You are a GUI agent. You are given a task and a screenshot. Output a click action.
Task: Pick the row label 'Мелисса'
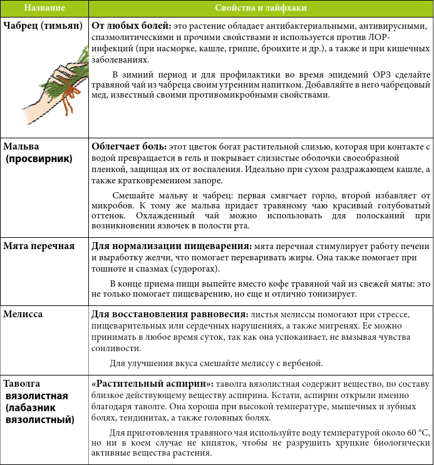coord(23,314)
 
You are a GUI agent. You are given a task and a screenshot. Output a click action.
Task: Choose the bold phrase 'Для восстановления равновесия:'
coord(168,314)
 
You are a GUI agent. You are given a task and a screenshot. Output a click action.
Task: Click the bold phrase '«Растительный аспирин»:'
coord(148,383)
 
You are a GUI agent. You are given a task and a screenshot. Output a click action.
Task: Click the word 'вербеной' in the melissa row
coord(304,362)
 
